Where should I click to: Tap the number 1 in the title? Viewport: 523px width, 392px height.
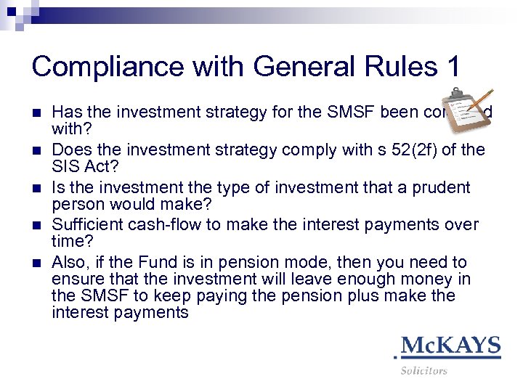pyautogui.click(x=449, y=67)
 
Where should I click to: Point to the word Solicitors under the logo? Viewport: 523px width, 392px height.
pyautogui.click(x=423, y=371)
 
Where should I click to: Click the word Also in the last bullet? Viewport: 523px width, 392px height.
pyautogui.click(x=69, y=262)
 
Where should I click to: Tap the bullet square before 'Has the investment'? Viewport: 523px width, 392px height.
pyautogui.click(x=36, y=113)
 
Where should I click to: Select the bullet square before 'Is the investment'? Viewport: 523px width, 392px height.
pyautogui.click(x=36, y=188)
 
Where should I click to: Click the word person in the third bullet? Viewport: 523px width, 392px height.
pyautogui.click(x=76, y=205)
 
